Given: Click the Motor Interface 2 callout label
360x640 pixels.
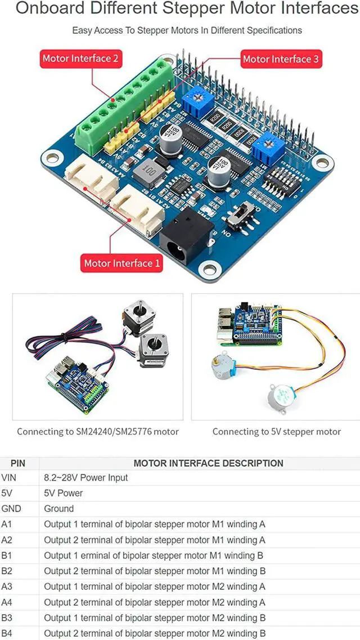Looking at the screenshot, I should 80,59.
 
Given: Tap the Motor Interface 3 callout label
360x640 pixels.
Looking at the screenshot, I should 280,59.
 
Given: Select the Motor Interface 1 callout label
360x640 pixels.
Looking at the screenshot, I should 121,263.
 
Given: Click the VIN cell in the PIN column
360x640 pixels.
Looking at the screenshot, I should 10,477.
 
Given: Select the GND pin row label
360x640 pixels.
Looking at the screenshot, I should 11,508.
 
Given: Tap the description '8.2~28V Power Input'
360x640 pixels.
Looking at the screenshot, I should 86,477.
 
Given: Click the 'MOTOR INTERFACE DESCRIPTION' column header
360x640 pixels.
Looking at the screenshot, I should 208,463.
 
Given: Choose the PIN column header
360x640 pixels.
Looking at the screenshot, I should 18,463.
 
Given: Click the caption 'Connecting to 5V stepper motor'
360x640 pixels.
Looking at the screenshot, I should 276,432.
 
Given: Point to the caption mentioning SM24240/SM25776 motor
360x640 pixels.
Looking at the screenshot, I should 98,432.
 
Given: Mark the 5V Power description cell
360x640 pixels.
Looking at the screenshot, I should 64,493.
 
